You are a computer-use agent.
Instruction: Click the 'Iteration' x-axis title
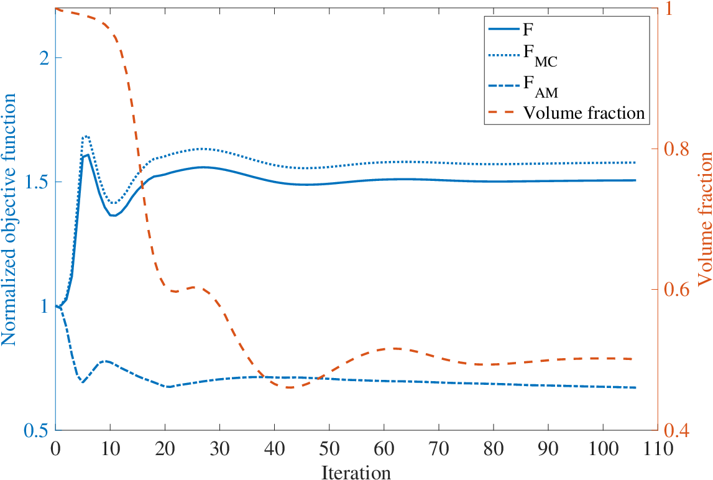(356, 473)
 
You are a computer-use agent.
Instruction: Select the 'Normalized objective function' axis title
(9, 219)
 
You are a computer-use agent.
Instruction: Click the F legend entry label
(528, 30)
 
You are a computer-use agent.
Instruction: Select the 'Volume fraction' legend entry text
(584, 113)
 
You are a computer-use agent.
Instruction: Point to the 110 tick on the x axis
(658, 449)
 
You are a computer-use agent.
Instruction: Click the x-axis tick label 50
(329, 449)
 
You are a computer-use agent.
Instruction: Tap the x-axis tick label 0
(55, 449)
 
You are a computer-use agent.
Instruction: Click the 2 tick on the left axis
(44, 58)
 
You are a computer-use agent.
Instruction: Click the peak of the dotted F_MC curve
(86, 136)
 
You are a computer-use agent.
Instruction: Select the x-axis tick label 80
(494, 449)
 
